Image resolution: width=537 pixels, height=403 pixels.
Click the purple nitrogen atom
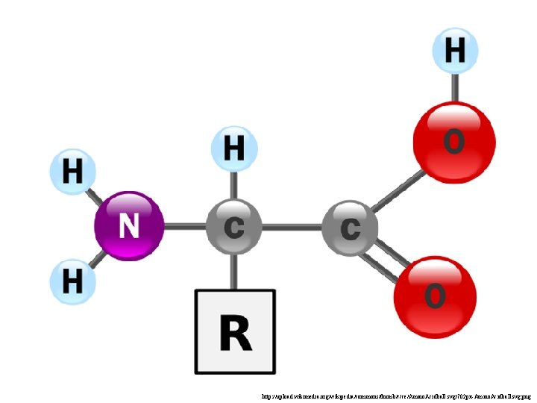click(129, 225)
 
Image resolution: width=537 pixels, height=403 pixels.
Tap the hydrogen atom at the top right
click(454, 51)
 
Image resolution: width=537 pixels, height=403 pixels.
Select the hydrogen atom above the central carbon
click(234, 148)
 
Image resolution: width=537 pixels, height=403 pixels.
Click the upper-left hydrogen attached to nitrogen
click(72, 172)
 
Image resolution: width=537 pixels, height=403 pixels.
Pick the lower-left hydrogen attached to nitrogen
click(72, 282)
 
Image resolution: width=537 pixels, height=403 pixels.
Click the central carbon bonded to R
click(234, 226)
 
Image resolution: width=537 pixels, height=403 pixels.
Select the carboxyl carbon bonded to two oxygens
click(350, 227)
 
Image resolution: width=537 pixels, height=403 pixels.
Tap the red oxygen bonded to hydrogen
click(454, 140)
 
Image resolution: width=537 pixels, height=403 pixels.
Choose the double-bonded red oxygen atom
click(435, 297)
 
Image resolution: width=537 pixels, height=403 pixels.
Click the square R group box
click(235, 331)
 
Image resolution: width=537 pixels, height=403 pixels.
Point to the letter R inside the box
click(235, 333)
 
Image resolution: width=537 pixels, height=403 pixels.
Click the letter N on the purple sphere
click(129, 226)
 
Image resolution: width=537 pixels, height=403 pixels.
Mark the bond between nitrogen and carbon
click(184, 226)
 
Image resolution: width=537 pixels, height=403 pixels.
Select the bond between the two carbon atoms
click(292, 226)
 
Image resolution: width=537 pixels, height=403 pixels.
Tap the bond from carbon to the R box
click(234, 271)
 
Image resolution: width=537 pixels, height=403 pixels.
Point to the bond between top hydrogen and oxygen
click(454, 88)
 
